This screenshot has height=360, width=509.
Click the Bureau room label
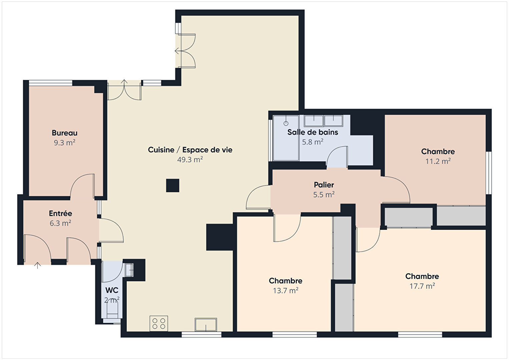[x=64, y=133]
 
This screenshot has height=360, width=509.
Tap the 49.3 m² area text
[x=190, y=159]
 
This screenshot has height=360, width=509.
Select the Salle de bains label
[x=313, y=132]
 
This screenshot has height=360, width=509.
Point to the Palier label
[x=324, y=185]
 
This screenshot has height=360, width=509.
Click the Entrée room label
[x=60, y=214]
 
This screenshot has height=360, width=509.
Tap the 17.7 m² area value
[x=422, y=286]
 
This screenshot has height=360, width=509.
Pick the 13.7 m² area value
[x=286, y=291]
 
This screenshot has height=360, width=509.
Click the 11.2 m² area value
[x=438, y=161]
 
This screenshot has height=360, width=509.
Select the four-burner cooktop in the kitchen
[x=159, y=323]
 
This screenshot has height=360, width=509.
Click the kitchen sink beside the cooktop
[x=206, y=325]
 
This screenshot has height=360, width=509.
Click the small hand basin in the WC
[x=129, y=270]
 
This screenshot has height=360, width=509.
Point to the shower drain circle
[x=286, y=123]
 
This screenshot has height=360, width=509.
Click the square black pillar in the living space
[x=173, y=186]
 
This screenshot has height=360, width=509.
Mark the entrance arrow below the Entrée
[x=37, y=266]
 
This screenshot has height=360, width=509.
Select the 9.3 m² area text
[x=64, y=143]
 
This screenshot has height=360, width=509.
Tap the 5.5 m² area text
[x=324, y=195]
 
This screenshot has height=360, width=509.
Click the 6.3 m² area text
[x=60, y=223]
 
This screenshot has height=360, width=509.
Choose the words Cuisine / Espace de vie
[x=190, y=150]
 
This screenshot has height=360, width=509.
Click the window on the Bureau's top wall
[x=51, y=83]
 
